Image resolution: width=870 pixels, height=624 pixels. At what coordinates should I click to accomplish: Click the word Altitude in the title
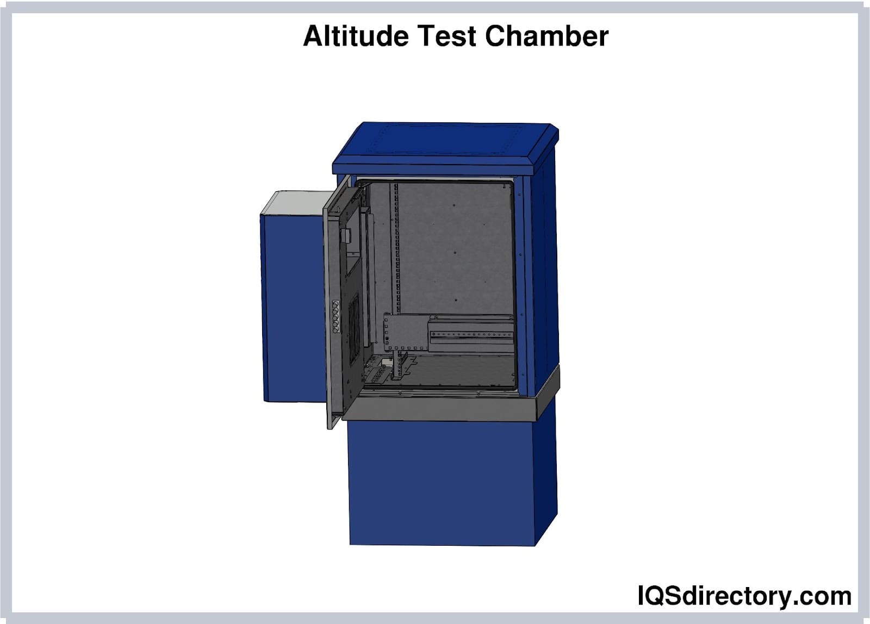tap(356, 36)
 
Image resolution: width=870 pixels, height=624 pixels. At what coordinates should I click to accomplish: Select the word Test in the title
tap(446, 36)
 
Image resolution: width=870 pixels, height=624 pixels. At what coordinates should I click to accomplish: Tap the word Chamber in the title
tap(546, 36)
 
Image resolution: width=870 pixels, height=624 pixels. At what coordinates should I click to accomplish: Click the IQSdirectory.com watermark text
tap(744, 596)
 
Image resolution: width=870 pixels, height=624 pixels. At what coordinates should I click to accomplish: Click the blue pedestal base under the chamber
tap(441, 483)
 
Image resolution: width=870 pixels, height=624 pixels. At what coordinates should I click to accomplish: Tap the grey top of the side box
tap(297, 202)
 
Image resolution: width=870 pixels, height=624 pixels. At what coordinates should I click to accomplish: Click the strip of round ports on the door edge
tap(336, 316)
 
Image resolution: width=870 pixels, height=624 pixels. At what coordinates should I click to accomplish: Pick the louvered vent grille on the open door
tap(354, 328)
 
